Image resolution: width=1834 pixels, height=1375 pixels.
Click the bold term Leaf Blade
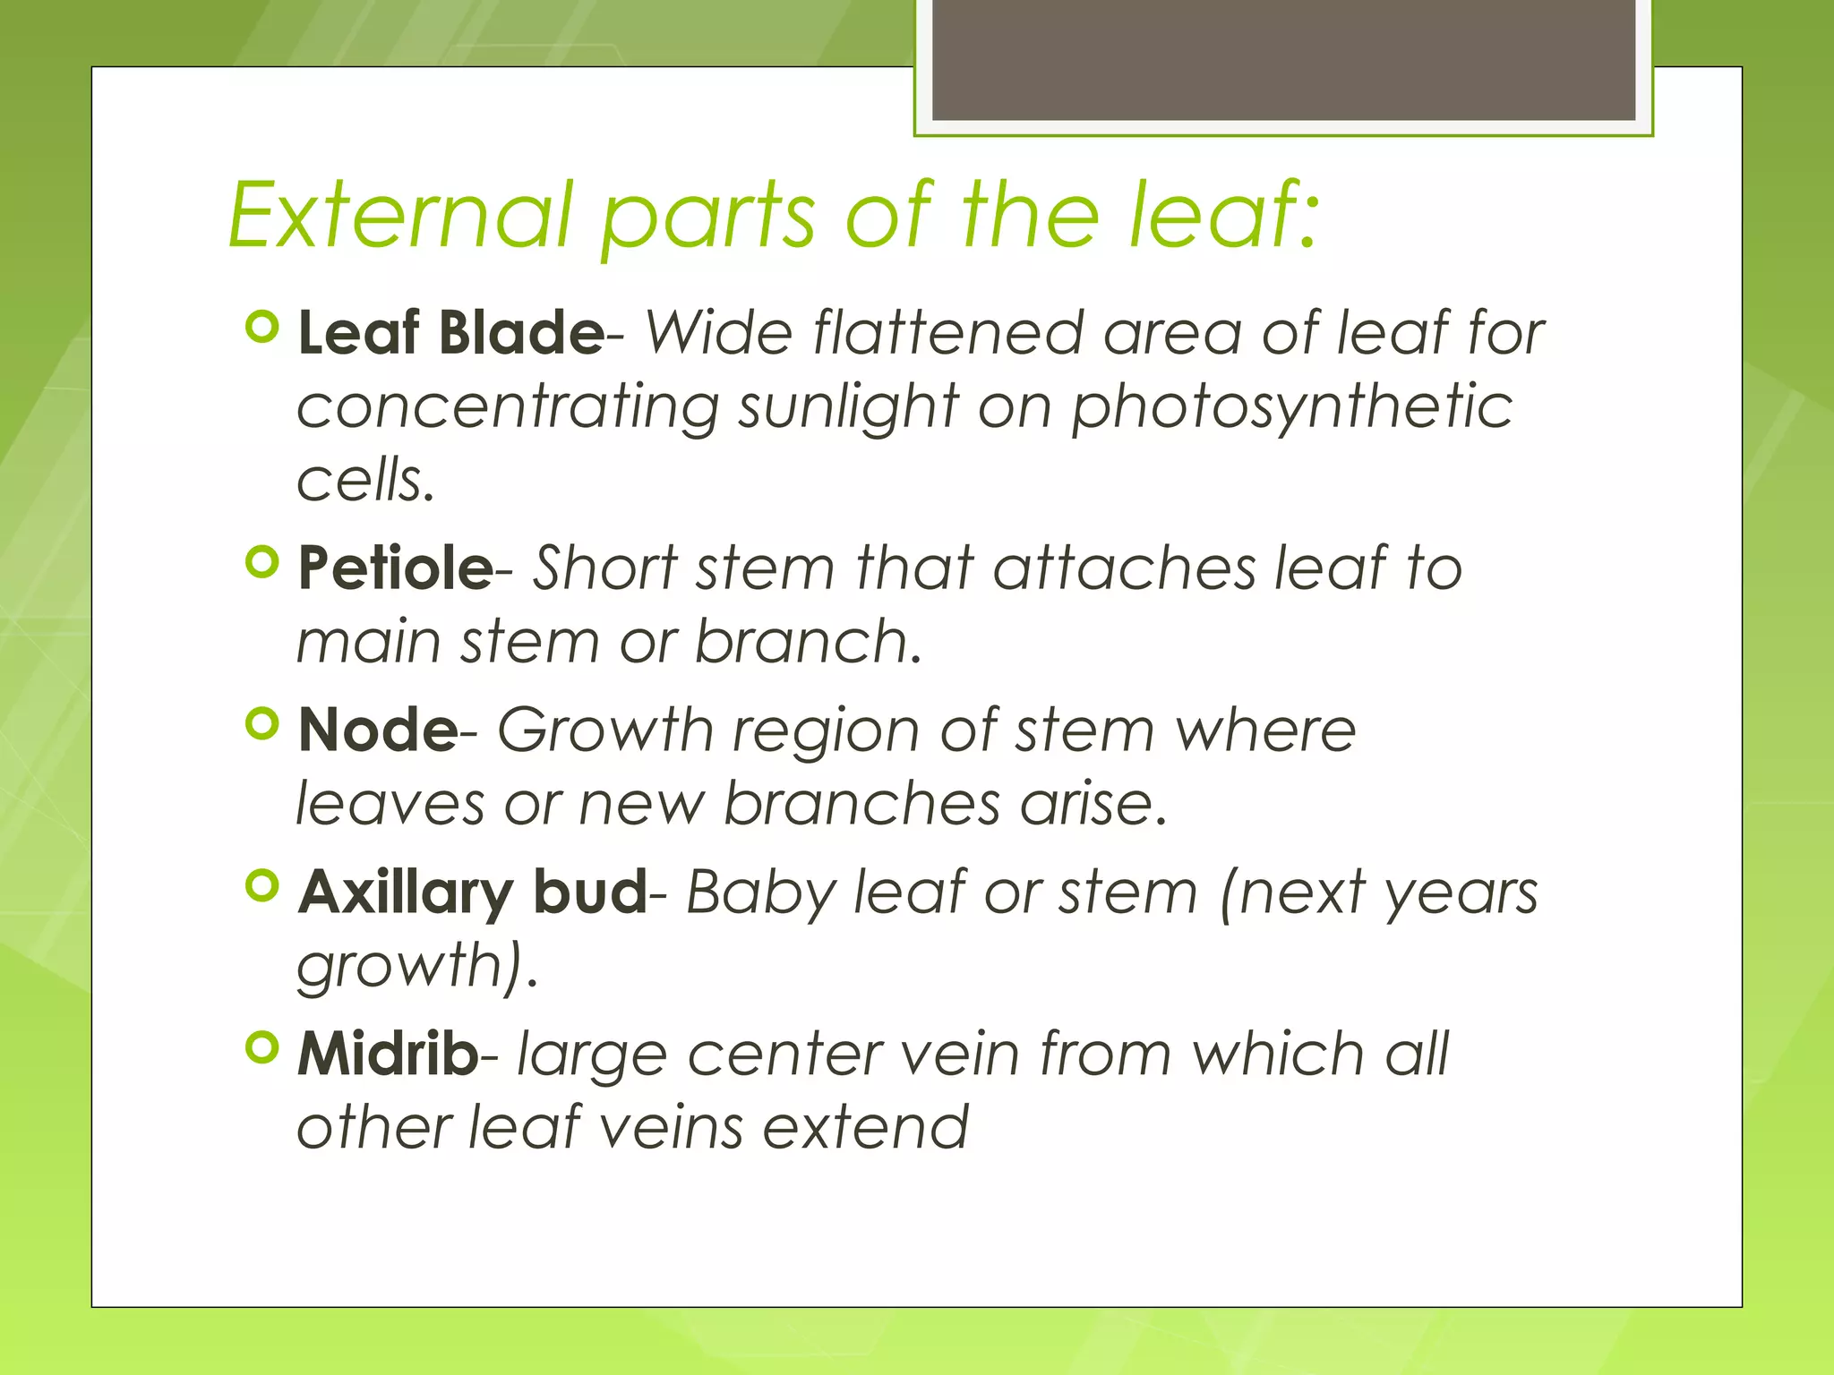[450, 333]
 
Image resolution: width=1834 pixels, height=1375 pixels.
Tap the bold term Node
[378, 730]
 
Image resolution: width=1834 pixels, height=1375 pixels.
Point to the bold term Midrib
[388, 1054]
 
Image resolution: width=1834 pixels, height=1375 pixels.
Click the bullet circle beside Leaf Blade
[262, 328]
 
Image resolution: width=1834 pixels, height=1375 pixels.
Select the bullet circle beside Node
[262, 724]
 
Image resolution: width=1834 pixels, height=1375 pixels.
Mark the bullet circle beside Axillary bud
[262, 886]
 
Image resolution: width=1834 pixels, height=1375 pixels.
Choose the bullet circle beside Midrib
[262, 1047]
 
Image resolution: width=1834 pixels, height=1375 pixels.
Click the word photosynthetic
[1292, 407]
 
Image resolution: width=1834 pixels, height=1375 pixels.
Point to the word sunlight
[848, 407]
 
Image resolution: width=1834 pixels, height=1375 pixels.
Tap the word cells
[364, 480]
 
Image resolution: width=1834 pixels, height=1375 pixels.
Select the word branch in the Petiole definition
[808, 642]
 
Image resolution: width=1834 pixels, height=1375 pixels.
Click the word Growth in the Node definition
[604, 730]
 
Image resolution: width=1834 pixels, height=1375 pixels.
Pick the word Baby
[759, 893]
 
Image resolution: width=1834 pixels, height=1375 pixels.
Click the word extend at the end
[865, 1127]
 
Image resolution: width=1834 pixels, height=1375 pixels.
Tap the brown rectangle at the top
[1283, 60]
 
